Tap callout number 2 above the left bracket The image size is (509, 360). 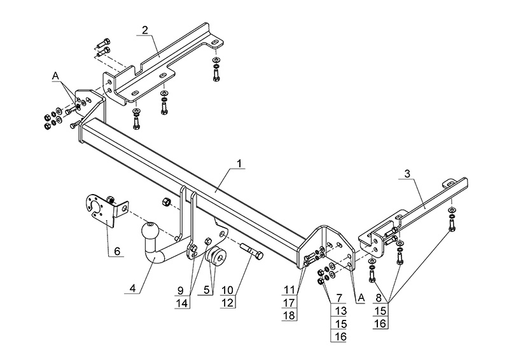pyautogui.click(x=145, y=30)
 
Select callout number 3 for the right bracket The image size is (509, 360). pyautogui.click(x=407, y=173)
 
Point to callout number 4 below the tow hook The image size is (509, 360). pyautogui.click(x=132, y=288)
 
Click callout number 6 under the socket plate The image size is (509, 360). pyautogui.click(x=116, y=252)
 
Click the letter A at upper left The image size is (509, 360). pyautogui.click(x=55, y=76)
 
